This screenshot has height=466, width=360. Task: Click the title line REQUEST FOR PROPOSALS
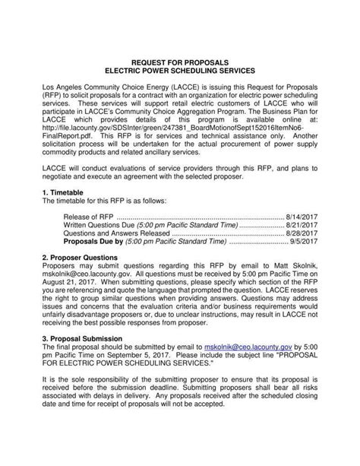click(x=180, y=59)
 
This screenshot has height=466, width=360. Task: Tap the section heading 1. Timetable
click(x=66, y=193)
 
